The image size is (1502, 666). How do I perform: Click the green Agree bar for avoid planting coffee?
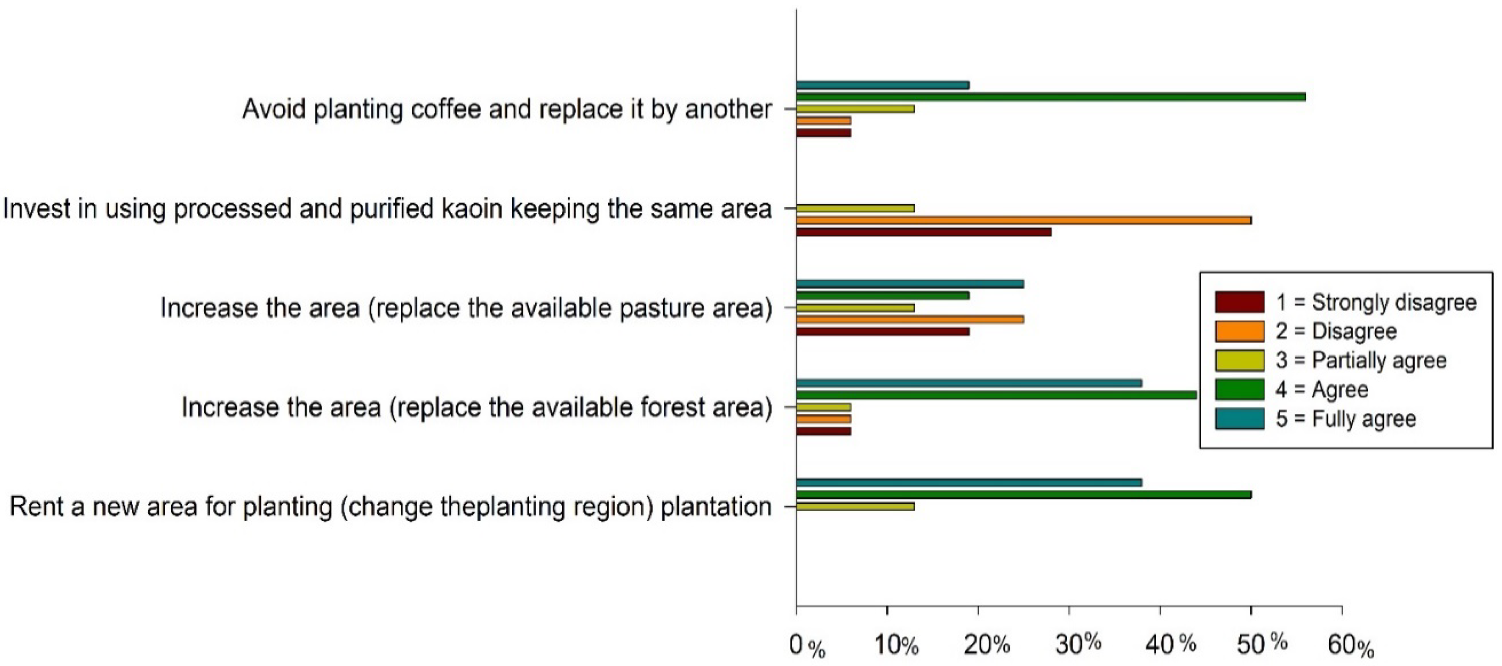[x=1051, y=97]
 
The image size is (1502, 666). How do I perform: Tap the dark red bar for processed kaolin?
[x=924, y=231]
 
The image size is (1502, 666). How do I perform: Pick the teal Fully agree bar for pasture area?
[x=910, y=284]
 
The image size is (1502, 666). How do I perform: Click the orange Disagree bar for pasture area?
[x=910, y=319]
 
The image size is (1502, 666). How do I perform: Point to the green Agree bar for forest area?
[x=997, y=395]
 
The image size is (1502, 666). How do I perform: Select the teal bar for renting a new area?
[x=969, y=482]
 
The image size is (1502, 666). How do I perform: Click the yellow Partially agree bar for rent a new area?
[x=855, y=506]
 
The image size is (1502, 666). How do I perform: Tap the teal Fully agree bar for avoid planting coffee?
[x=883, y=85]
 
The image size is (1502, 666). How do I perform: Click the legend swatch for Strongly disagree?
[x=1240, y=302]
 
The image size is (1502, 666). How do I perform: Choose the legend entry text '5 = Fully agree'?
[x=1346, y=419]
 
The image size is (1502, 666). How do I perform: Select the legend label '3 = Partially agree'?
[x=1361, y=361]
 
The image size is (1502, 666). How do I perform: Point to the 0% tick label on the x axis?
[x=807, y=646]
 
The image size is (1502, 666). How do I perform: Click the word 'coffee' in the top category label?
[x=445, y=109]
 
